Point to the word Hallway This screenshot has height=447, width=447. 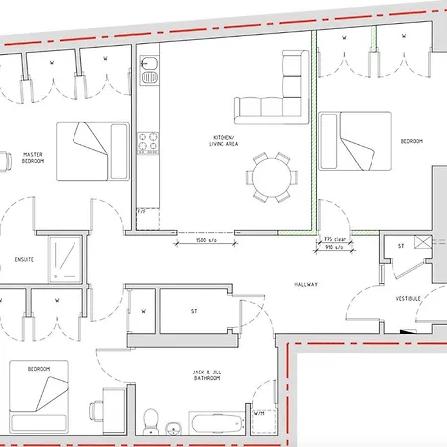point(305,285)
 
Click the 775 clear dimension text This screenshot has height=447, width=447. point(334,240)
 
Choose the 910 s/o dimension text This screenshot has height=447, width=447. point(335,247)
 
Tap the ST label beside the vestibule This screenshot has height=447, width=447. point(399,246)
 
